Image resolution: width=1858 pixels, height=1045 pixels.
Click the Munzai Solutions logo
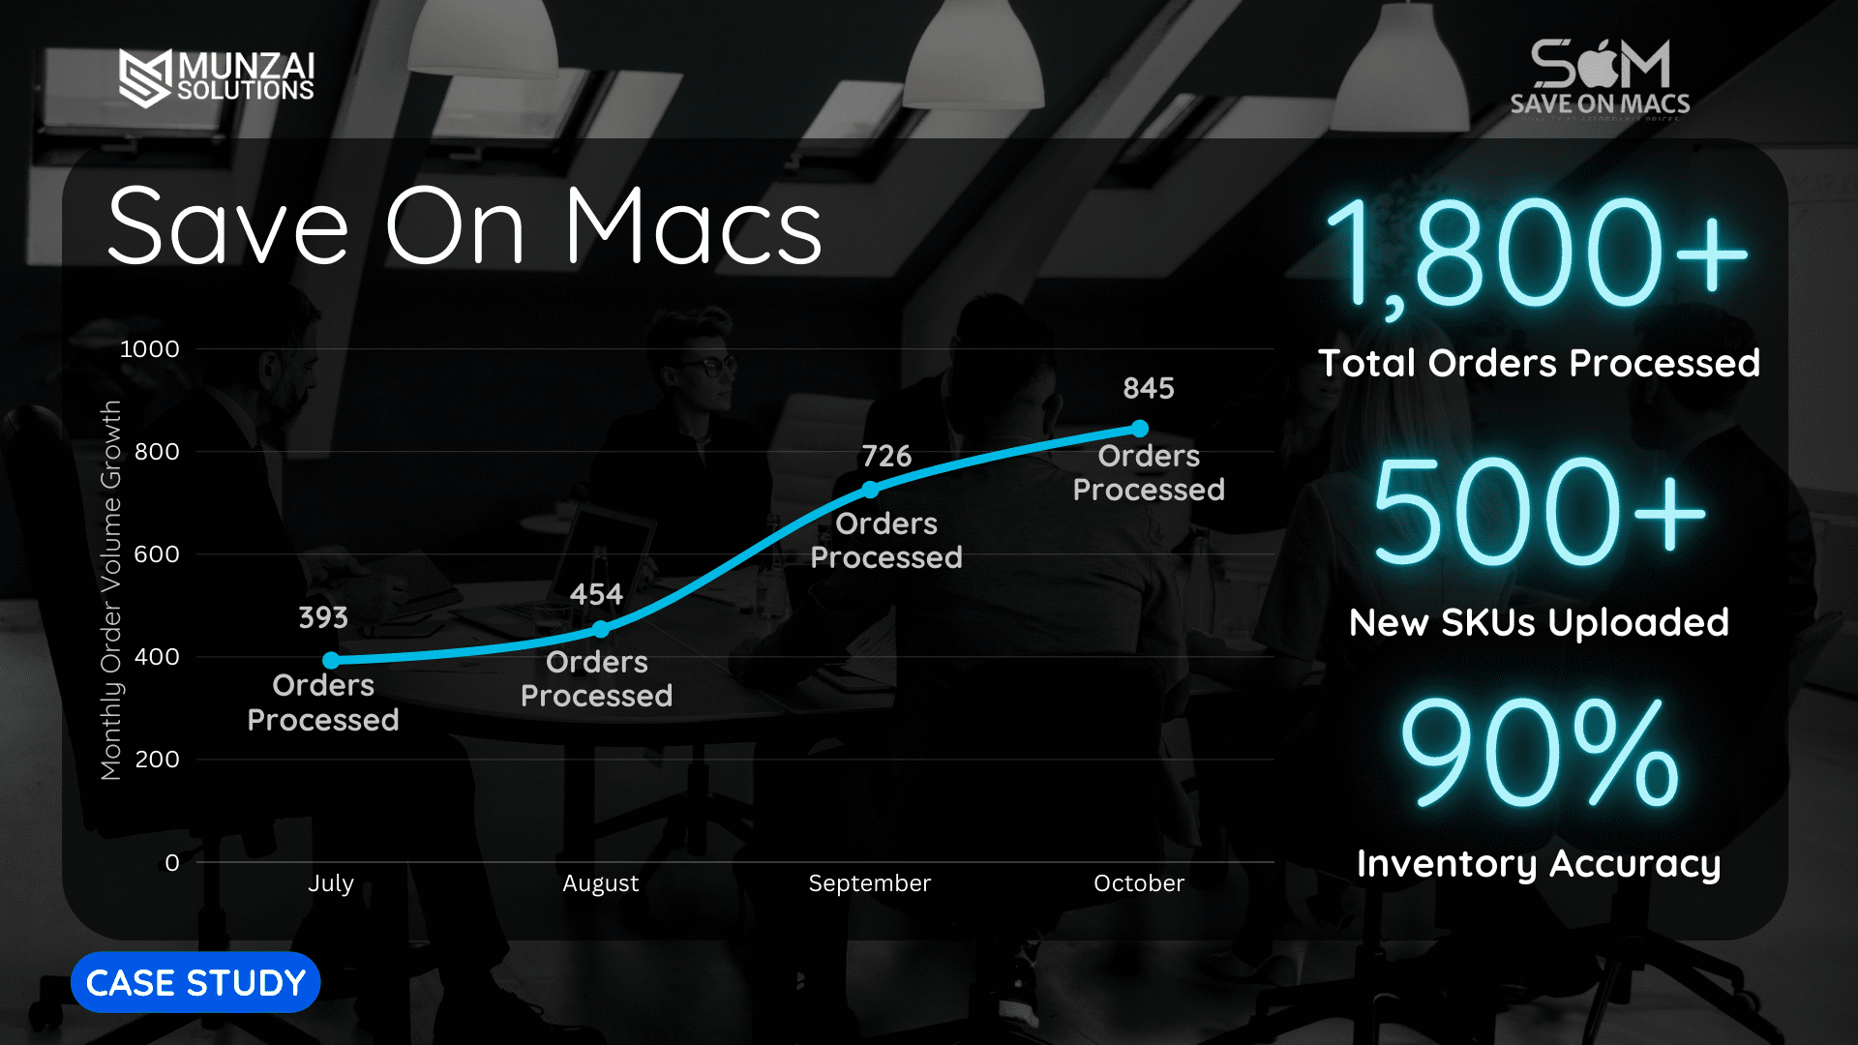click(x=217, y=77)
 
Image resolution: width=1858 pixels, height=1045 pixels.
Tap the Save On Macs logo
click(x=1601, y=78)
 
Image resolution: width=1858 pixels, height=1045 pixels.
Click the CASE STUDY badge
click(x=195, y=982)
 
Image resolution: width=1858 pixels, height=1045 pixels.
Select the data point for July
click(x=331, y=660)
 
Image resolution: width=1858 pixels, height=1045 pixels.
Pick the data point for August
click(x=601, y=629)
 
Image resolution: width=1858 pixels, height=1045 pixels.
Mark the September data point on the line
click(x=870, y=490)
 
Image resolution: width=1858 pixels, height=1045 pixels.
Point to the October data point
click(x=1140, y=428)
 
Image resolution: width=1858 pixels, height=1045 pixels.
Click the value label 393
click(x=323, y=617)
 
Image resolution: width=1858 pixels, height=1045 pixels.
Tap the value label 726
click(x=886, y=456)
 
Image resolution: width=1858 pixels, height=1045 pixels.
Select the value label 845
click(x=1149, y=388)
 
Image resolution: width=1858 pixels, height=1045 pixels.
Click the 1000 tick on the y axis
click(x=149, y=348)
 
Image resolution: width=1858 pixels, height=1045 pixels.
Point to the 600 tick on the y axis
click(x=157, y=553)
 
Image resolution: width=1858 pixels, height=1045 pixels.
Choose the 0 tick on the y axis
click(x=172, y=862)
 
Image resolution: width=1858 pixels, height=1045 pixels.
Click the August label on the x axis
click(x=601, y=883)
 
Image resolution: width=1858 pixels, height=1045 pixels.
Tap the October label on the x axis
click(x=1139, y=883)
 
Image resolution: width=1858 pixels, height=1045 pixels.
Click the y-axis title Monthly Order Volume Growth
click(x=111, y=590)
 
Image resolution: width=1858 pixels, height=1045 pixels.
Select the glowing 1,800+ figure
click(x=1538, y=254)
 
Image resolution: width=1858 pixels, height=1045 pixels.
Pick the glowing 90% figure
click(x=1540, y=752)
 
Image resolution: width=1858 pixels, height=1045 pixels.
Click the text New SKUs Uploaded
click(x=1539, y=622)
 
